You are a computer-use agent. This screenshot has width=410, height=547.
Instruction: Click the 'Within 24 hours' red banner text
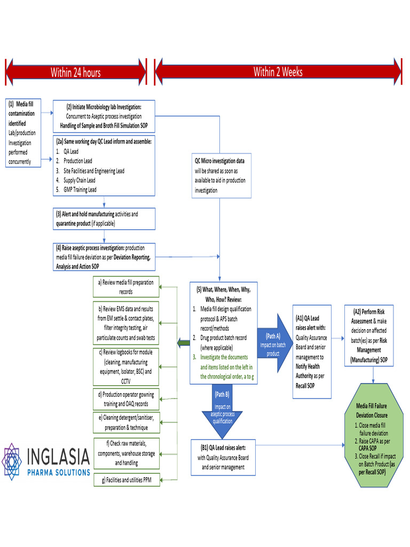pyautogui.click(x=75, y=73)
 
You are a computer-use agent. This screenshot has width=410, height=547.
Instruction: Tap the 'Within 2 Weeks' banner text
pyautogui.click(x=278, y=72)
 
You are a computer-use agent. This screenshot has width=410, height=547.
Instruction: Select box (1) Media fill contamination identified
pyautogui.click(x=23, y=133)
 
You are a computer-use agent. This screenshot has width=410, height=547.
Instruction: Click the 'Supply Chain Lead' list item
pyautogui.click(x=79, y=181)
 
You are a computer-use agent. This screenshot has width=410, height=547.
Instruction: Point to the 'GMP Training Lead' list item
pyautogui.click(x=80, y=190)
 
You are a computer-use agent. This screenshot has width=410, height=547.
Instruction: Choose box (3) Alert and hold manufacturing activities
pyautogui.click(x=104, y=218)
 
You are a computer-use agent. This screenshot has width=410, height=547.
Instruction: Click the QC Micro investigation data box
pyautogui.click(x=222, y=176)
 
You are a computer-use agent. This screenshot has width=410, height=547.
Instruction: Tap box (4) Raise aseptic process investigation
pyautogui.click(x=104, y=257)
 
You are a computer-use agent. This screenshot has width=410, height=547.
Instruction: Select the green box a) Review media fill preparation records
pyautogui.click(x=126, y=287)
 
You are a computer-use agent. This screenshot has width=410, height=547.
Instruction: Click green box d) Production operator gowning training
pyautogui.click(x=126, y=399)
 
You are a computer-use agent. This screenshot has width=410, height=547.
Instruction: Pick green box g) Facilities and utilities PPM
pyautogui.click(x=127, y=480)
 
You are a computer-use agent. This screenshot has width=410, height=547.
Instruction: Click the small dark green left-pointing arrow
pyautogui.click(x=184, y=342)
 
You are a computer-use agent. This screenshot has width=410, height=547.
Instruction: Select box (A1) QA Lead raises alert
pyautogui.click(x=312, y=351)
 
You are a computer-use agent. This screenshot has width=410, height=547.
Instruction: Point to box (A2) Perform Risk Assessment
pyautogui.click(x=369, y=335)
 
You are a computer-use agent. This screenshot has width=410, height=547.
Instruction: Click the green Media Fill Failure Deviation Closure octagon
pyautogui.click(x=374, y=435)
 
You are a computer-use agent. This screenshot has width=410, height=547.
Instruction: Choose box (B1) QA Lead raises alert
pyautogui.click(x=223, y=457)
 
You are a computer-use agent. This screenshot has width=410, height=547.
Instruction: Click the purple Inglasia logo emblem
pyautogui.click(x=12, y=462)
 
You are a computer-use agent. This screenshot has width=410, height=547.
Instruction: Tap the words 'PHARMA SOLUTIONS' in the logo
pyautogui.click(x=59, y=473)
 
